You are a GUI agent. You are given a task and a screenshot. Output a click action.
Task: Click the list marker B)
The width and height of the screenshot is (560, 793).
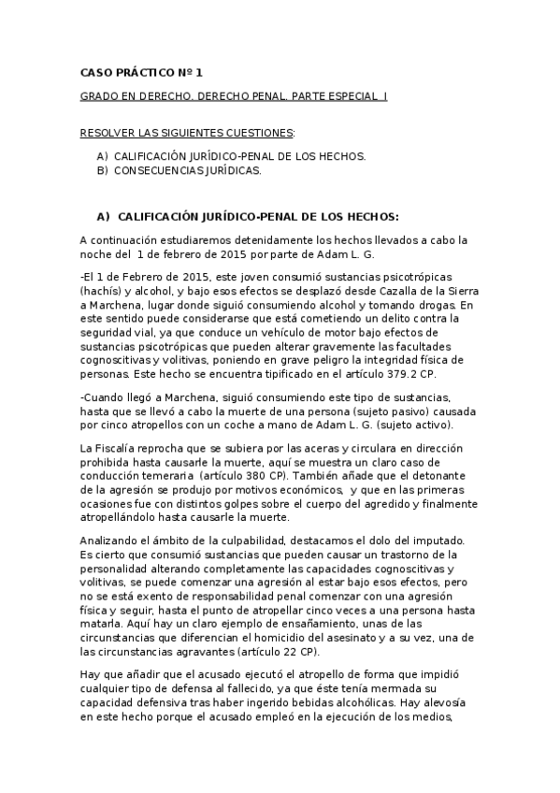(103, 171)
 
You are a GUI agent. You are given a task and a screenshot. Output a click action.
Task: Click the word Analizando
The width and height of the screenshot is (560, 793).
(112, 541)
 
